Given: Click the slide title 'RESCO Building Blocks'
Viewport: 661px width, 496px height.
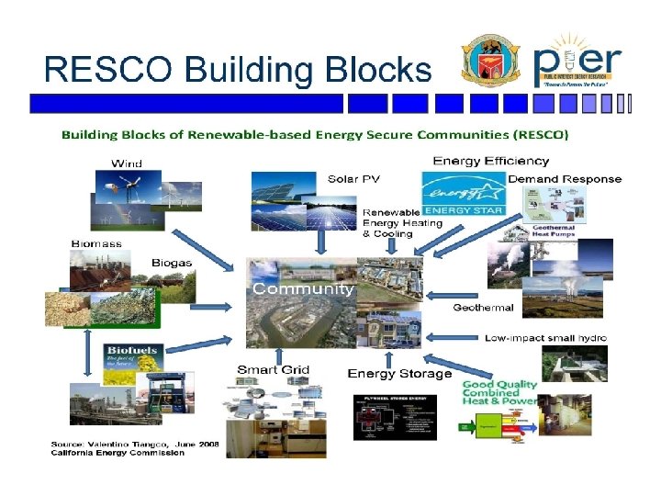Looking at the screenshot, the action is [237, 69].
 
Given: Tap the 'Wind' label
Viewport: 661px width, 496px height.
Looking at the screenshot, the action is [127, 163].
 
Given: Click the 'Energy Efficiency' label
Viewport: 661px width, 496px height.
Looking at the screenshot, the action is [490, 162].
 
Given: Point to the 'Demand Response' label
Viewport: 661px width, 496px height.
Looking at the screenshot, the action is [565, 178].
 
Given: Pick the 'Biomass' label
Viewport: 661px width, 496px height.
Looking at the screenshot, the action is [96, 243].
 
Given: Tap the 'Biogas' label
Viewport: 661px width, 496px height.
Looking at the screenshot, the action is [172, 262].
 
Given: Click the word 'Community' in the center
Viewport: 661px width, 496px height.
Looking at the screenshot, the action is [303, 288].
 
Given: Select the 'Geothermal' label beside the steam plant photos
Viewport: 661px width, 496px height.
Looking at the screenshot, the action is [483, 308].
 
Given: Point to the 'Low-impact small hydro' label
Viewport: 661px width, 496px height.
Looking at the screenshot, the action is [545, 338].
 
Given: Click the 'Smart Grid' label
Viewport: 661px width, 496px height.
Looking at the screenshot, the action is [274, 370].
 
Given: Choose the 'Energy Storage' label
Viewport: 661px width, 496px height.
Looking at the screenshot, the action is [399, 374].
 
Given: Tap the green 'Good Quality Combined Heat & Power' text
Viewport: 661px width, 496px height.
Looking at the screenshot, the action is [499, 393].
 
